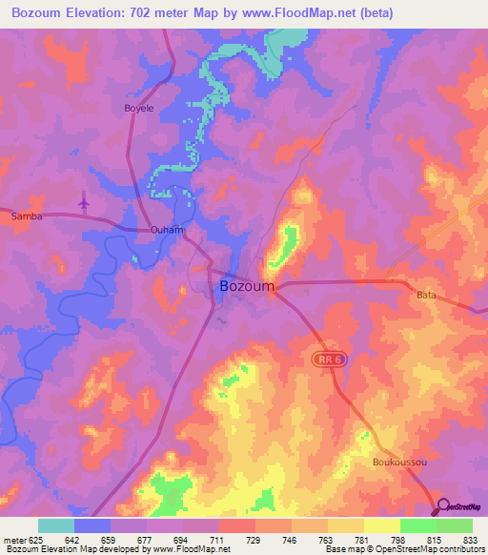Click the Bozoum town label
(x=247, y=286)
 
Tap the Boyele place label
(x=139, y=109)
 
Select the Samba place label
(x=25, y=216)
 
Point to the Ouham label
(x=166, y=231)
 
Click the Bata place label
(x=426, y=296)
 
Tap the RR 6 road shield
(x=327, y=358)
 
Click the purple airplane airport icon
(x=84, y=202)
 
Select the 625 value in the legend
(x=38, y=540)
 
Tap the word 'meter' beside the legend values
(x=14, y=540)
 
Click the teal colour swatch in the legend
(x=56, y=525)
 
